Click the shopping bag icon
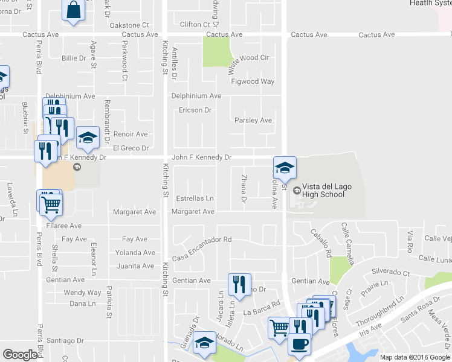coord(73,10)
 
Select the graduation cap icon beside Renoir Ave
coord(88,138)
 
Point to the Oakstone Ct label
coord(129,25)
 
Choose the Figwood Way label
coord(254,81)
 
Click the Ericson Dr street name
coord(195,110)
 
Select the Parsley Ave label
coord(253,120)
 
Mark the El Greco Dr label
coord(131,148)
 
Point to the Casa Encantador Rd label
coord(202,240)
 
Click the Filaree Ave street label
coord(66,226)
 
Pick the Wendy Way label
coord(82,293)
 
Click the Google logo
coord(21,355)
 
